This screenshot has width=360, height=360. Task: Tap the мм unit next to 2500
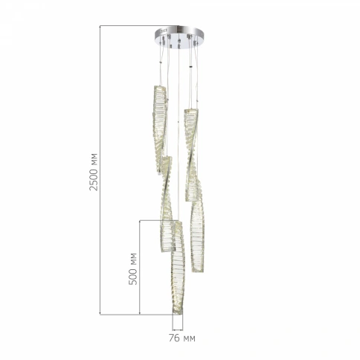(94, 157)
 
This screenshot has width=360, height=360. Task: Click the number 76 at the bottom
(174, 338)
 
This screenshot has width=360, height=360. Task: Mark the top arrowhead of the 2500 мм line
(100, 27)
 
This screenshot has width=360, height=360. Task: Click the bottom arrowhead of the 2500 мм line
(100, 313)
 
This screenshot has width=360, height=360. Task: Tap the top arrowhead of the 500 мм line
(140, 222)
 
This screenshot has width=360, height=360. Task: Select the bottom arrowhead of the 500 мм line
(140, 313)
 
